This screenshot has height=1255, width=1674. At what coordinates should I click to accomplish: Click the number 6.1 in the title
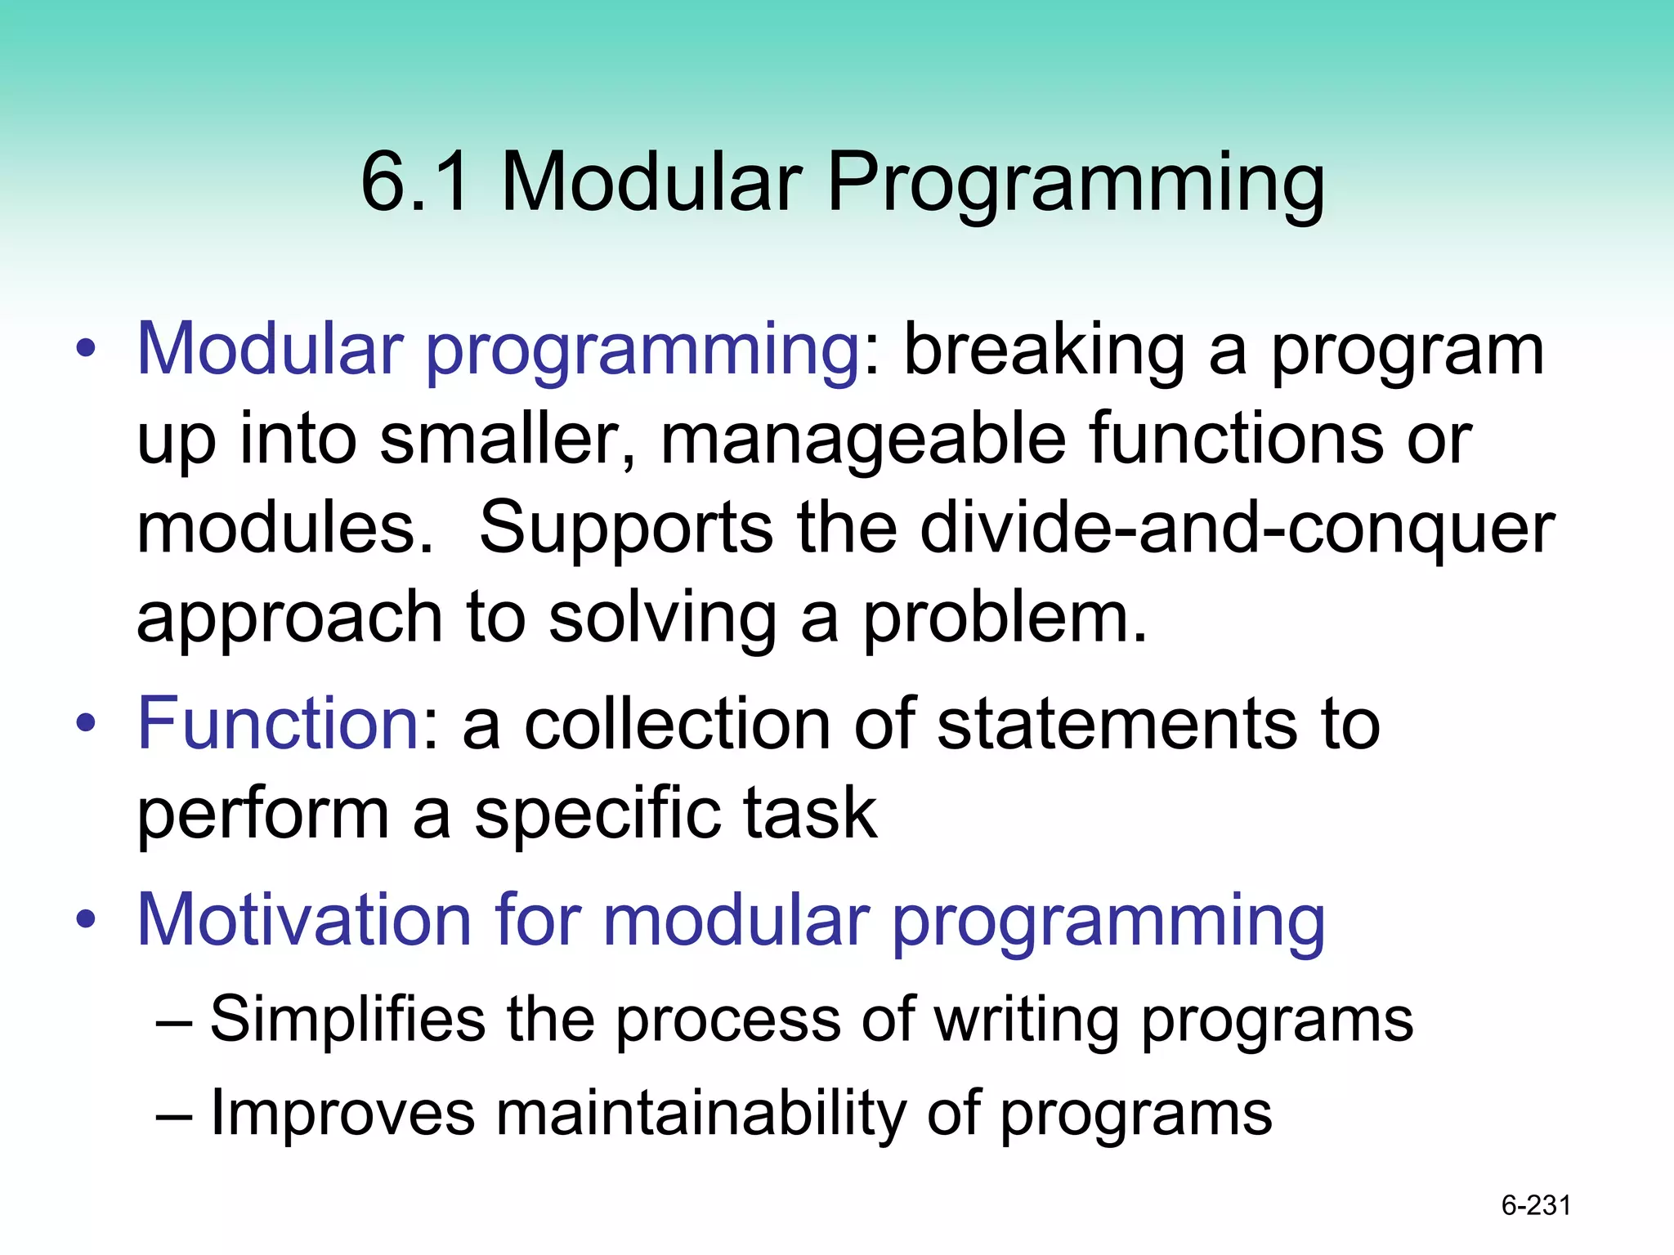tap(416, 181)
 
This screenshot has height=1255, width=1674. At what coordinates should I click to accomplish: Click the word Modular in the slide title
tap(651, 181)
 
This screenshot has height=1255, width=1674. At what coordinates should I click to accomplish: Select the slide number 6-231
tap(1536, 1205)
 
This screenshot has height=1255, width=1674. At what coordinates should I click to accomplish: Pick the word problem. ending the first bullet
tap(1005, 619)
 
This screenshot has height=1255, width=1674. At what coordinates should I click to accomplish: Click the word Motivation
tap(304, 920)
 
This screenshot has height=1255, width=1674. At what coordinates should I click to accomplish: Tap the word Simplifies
tap(347, 1021)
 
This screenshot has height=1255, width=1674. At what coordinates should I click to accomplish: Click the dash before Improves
tap(174, 1114)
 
